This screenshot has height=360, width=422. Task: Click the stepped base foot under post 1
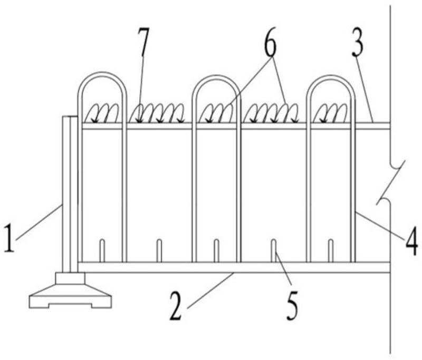pyautogui.click(x=70, y=295)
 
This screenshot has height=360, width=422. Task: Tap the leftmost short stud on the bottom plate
pyautogui.click(x=102, y=251)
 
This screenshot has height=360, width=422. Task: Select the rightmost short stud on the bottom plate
pyautogui.click(x=330, y=251)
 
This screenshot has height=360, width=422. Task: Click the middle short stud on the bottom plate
pyautogui.click(x=216, y=251)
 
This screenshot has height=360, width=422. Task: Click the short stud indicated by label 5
pyautogui.click(x=274, y=251)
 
